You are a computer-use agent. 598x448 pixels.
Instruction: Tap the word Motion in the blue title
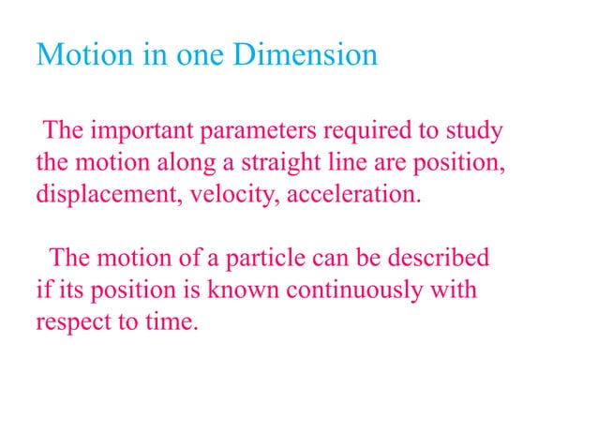81,55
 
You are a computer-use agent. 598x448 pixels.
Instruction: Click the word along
184,163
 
